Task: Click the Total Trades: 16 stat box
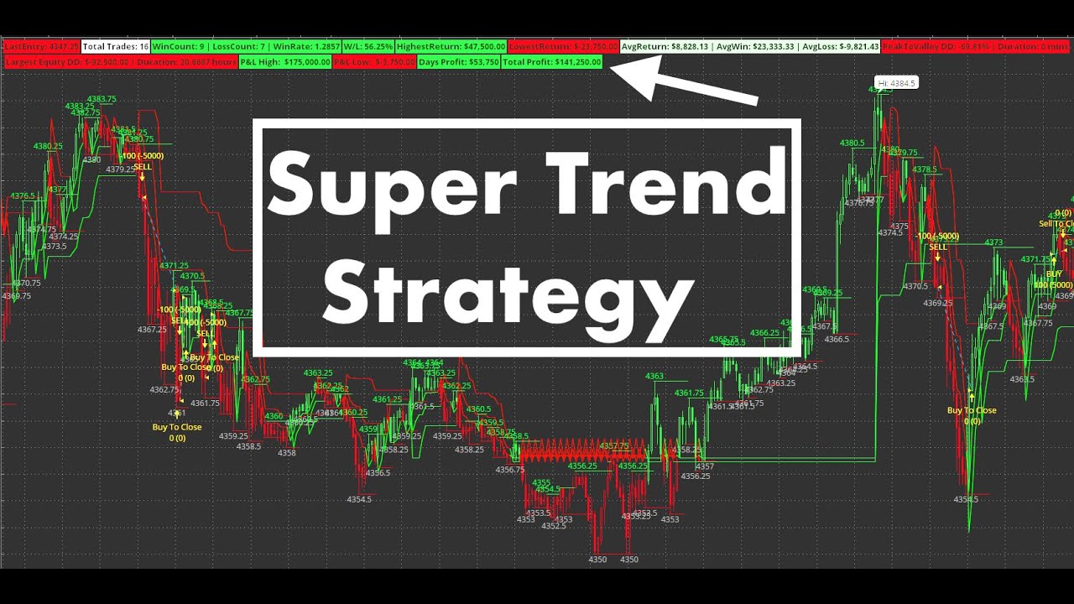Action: pos(116,47)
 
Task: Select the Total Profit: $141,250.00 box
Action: pos(552,62)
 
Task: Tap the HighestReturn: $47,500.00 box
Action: pos(451,47)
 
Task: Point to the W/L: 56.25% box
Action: pos(368,47)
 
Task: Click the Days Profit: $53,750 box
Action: pos(459,62)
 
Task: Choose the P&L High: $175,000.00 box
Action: pos(284,62)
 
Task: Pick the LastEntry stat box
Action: pos(41,47)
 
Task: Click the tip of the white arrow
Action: pos(613,68)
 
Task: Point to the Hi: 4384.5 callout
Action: pos(896,83)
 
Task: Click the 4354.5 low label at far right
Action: pos(966,500)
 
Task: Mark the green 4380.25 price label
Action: pos(48,146)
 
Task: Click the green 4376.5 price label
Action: pos(23,195)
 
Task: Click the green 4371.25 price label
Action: pos(174,266)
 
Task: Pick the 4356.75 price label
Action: pos(509,470)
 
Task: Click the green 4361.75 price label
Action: pos(689,393)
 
